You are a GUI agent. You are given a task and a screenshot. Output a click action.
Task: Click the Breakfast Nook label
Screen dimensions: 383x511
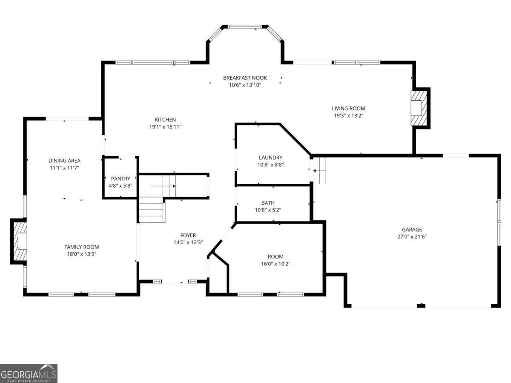(245, 77)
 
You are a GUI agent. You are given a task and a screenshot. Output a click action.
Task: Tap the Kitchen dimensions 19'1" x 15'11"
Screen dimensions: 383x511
(165, 127)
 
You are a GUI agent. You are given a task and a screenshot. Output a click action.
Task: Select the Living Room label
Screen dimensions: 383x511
(348, 109)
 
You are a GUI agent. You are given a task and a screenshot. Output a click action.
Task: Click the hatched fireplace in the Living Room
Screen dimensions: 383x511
(419, 108)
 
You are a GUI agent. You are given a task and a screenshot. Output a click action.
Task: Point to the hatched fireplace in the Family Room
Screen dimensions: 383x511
(20, 241)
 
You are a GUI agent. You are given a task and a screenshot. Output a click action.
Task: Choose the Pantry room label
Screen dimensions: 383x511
(121, 178)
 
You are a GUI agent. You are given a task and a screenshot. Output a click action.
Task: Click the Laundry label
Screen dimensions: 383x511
(270, 157)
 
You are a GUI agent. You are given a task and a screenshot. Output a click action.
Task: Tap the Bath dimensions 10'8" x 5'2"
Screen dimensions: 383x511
(268, 210)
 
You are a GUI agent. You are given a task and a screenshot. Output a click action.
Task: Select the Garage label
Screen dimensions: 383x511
(412, 229)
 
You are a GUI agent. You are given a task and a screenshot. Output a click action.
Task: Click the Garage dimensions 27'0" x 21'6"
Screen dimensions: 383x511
(412, 237)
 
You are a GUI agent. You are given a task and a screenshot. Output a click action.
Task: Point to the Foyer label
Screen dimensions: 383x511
(188, 235)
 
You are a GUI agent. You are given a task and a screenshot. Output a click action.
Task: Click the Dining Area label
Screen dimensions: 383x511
(64, 160)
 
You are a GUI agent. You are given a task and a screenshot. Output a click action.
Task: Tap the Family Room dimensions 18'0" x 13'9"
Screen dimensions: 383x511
(81, 254)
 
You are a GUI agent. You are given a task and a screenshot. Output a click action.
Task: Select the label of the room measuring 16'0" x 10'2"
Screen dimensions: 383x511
(275, 257)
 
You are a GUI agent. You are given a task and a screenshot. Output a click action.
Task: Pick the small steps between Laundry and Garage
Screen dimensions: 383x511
(319, 170)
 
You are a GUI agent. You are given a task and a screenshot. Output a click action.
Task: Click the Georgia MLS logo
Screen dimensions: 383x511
(29, 373)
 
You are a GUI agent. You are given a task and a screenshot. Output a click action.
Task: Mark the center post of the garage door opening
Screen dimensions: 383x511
(421, 305)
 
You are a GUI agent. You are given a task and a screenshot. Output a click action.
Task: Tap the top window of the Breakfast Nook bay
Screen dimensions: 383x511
(246, 27)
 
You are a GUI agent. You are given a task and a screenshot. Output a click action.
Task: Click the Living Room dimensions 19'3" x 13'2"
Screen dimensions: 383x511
(348, 116)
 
